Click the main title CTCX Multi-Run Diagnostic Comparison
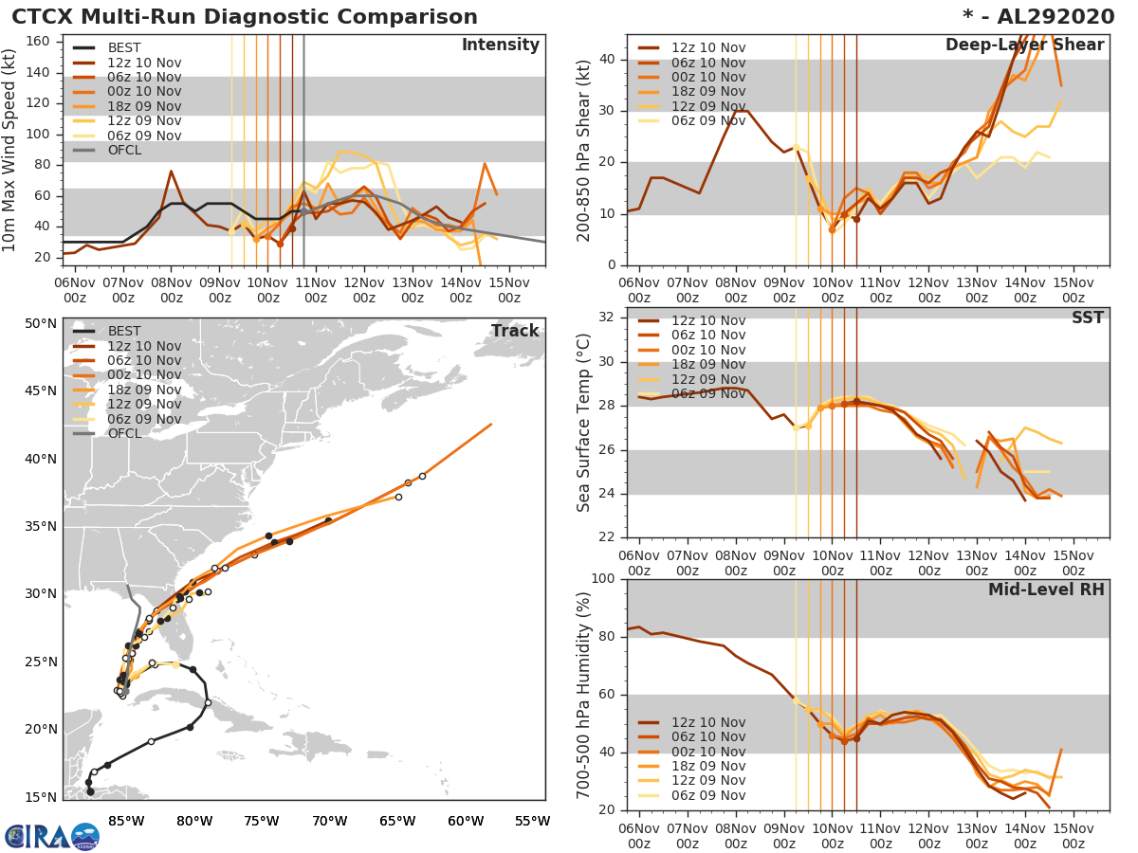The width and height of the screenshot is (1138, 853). click(x=245, y=17)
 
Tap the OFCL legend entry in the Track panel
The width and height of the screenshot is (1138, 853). click(x=124, y=433)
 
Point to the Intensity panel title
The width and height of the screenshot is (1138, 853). click(x=500, y=45)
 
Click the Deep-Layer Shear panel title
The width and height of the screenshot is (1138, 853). click(x=1024, y=45)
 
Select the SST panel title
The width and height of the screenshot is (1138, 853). click(x=1088, y=318)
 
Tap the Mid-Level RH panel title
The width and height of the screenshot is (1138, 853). click(x=1046, y=590)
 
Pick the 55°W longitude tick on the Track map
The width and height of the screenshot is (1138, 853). click(x=532, y=821)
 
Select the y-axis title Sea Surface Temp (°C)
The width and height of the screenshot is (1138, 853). click(x=584, y=423)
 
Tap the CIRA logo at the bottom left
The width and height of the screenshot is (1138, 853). click(x=52, y=836)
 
